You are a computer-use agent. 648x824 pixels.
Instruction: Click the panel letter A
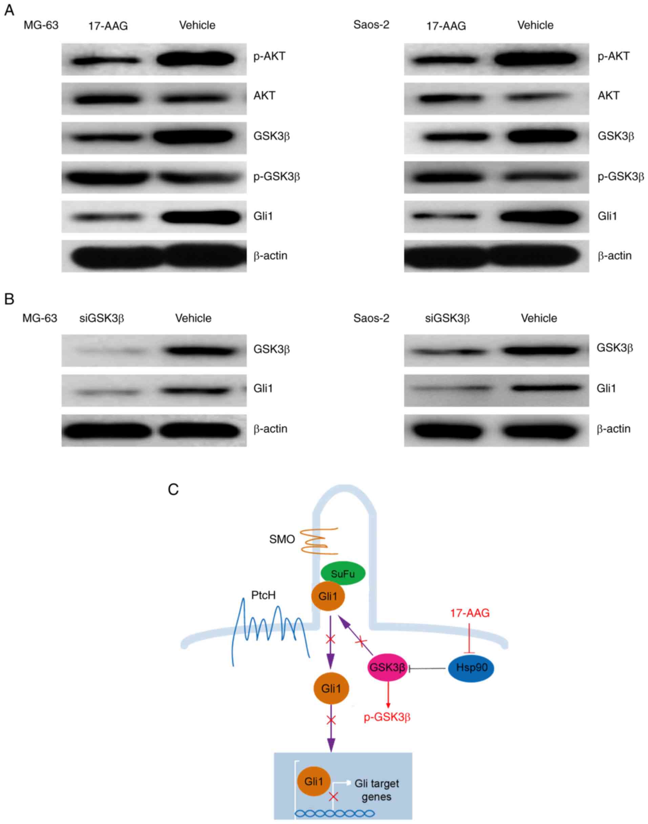9,10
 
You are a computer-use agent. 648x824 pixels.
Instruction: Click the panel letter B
9,299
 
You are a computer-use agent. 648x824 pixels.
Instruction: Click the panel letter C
173,489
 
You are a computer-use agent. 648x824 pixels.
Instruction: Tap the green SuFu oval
343,574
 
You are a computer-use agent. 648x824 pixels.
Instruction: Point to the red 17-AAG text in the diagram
470,613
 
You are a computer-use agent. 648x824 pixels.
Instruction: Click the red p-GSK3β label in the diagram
387,717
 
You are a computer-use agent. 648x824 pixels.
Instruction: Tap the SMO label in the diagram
282,539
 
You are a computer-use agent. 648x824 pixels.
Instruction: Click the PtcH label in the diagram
263,595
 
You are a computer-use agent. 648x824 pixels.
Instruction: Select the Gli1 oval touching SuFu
328,596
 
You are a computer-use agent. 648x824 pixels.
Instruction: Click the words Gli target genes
376,790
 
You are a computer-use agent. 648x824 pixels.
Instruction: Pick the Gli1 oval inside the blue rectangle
314,782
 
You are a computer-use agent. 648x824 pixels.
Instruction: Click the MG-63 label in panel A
41,25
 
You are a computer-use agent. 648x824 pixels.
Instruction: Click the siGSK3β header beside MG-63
102,318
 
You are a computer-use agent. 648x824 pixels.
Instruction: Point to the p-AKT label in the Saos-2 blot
613,56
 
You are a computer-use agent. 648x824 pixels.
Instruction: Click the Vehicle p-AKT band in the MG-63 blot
196,59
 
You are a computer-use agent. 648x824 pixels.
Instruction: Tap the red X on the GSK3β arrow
361,642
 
